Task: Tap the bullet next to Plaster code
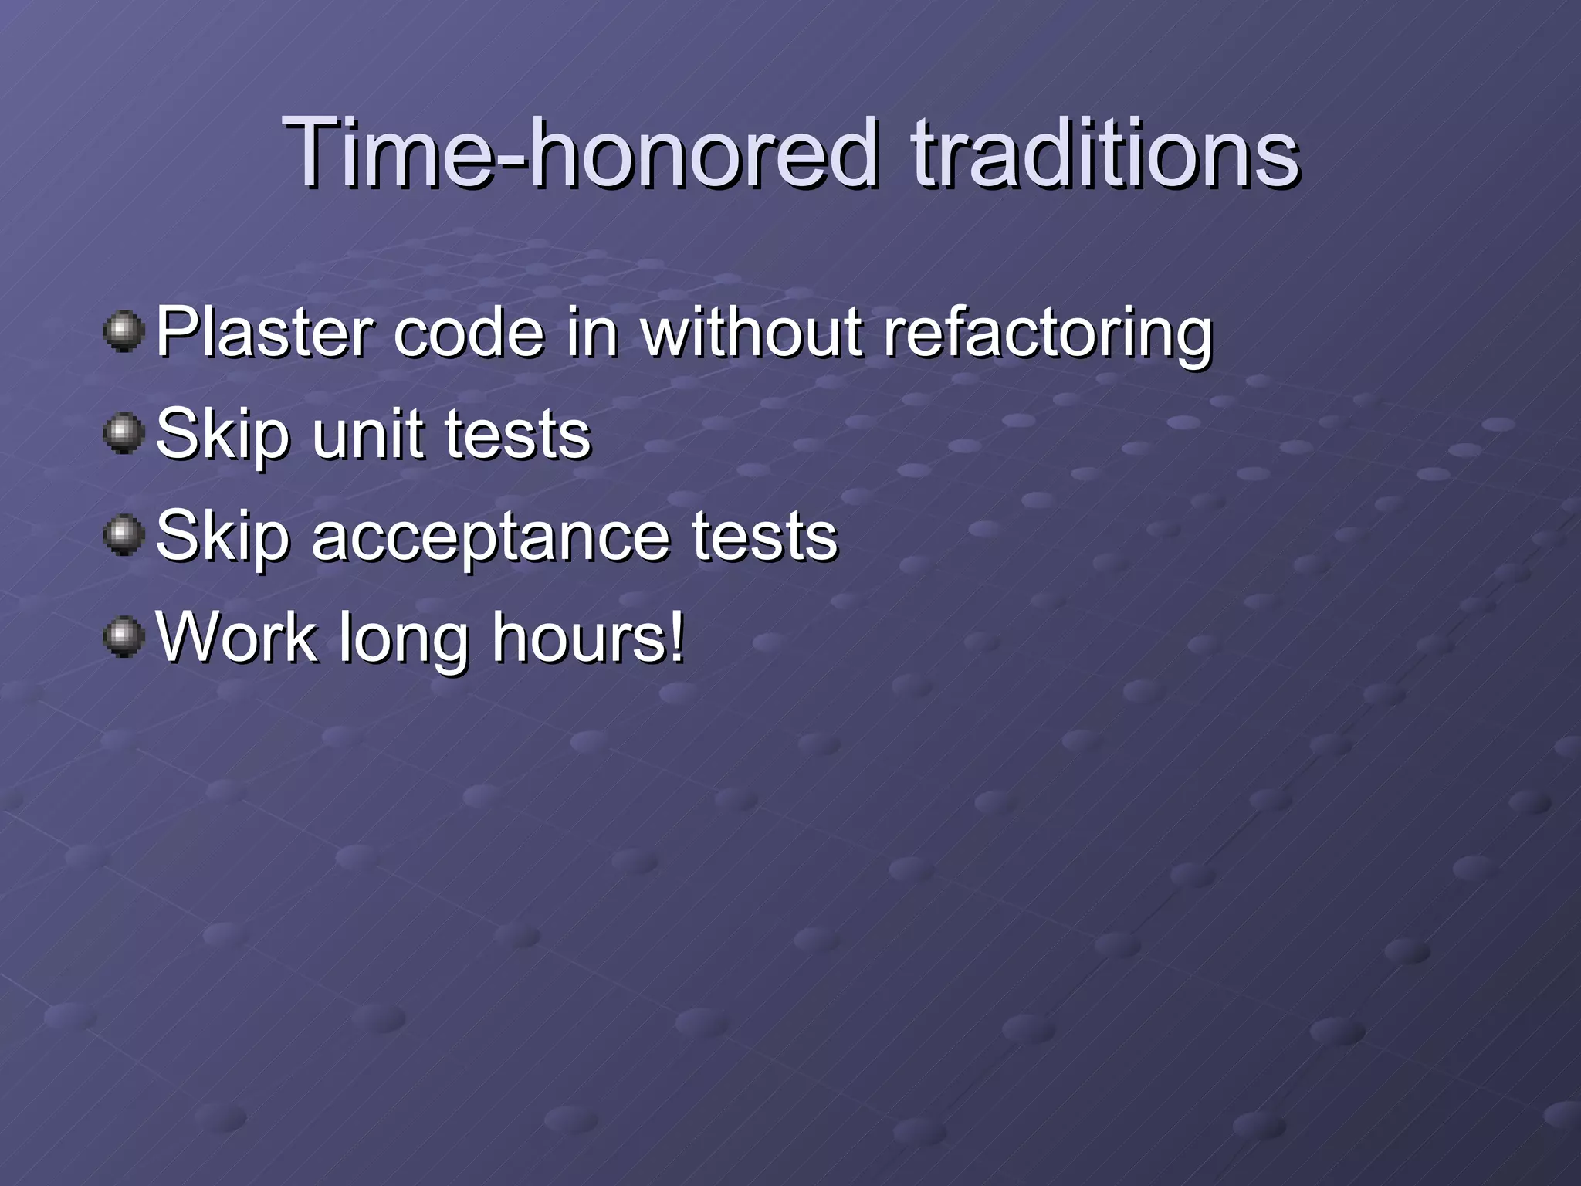tap(124, 332)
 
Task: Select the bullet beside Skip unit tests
tap(124, 434)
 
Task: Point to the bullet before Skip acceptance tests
tap(124, 536)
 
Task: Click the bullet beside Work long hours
tap(124, 638)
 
